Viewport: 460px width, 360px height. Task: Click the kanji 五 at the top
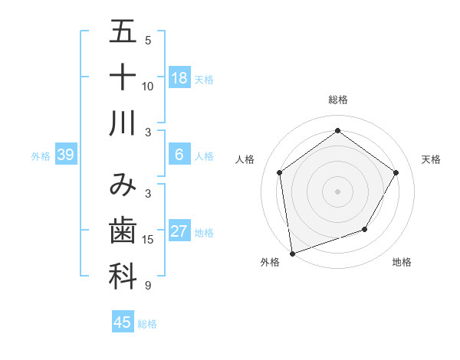coord(123,32)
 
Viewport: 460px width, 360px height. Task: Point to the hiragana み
coord(123,185)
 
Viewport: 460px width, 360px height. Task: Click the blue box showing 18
coord(179,78)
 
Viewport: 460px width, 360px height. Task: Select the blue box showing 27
coord(179,232)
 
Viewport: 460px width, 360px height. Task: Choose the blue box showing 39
coord(65,155)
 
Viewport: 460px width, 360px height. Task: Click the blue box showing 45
coord(123,322)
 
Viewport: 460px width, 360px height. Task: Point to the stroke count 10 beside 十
coord(148,86)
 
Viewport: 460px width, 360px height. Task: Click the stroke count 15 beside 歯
coord(148,239)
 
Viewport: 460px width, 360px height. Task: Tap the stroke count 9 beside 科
coord(147,286)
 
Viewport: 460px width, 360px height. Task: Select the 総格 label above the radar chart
coord(338,100)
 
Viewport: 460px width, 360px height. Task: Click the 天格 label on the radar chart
coord(431,159)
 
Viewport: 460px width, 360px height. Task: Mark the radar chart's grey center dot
coord(337,191)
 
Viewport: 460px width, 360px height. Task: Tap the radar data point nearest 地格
coord(365,229)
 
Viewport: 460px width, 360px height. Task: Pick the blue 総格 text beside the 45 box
coord(147,324)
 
